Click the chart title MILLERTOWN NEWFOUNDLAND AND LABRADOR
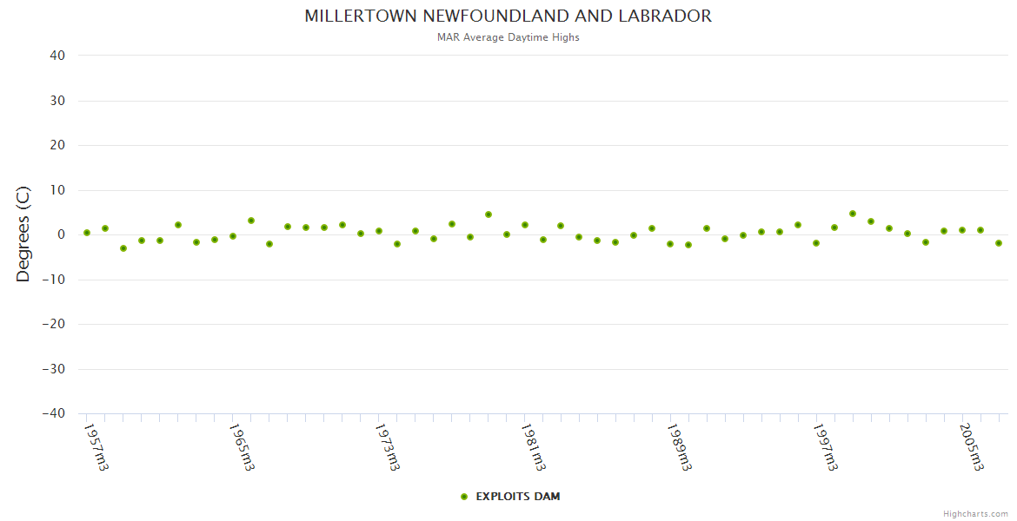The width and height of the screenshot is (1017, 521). click(508, 16)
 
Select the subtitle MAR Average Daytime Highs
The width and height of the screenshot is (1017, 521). click(508, 37)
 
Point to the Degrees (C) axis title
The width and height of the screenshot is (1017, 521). click(23, 234)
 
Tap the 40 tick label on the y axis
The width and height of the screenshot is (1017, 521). click(57, 56)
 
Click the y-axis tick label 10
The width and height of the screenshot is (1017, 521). click(57, 190)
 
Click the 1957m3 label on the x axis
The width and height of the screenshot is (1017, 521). click(96, 447)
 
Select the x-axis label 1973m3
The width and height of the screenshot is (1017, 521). click(388, 447)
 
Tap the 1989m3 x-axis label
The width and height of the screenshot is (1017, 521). click(680, 447)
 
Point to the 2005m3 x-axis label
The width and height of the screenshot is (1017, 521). click(972, 447)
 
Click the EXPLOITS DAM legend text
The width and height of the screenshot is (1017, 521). click(518, 497)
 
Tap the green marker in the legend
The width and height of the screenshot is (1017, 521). click(464, 497)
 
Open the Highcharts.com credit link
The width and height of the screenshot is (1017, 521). click(975, 514)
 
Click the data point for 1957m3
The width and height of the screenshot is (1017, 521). click(87, 233)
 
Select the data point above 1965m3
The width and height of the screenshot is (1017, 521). click(233, 236)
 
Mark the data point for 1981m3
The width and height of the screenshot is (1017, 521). click(525, 225)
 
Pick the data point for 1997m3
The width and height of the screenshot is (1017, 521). click(816, 243)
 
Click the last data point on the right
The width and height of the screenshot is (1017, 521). click(999, 243)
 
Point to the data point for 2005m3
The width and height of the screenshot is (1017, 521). click(962, 230)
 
